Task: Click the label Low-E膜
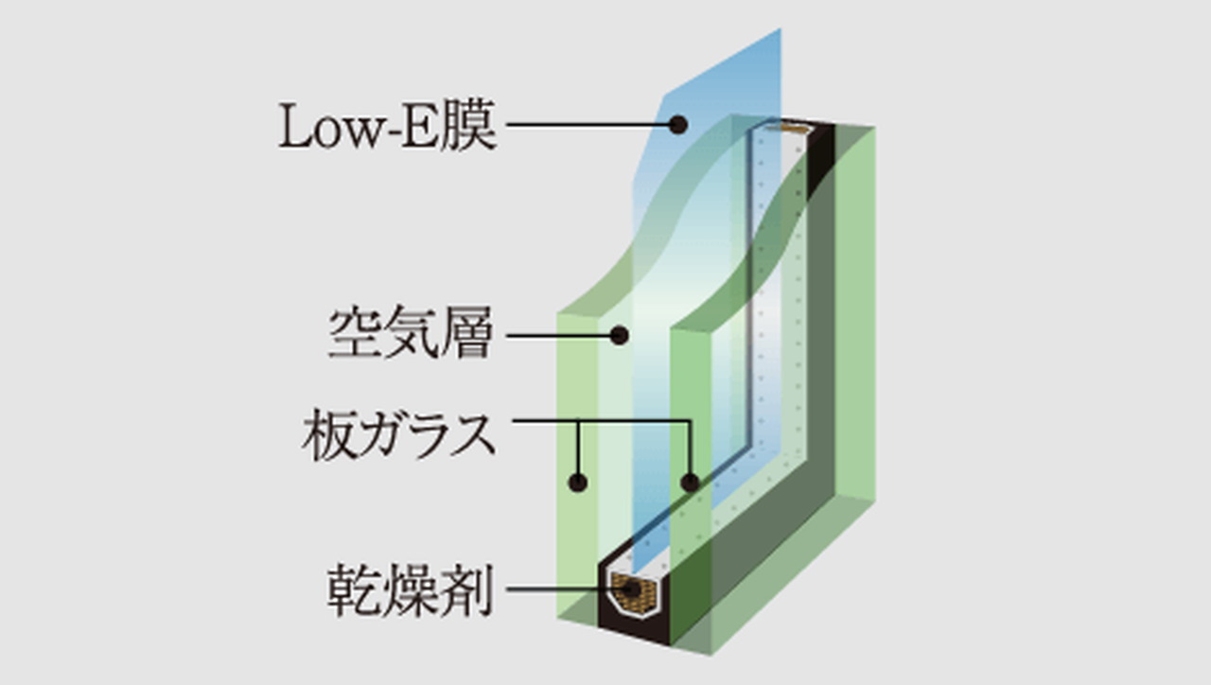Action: coord(387,126)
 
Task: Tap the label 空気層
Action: coord(411,331)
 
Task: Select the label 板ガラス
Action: coord(399,434)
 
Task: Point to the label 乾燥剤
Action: coord(411,589)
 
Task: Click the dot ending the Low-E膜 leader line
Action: coord(678,125)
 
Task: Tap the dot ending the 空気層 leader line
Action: coord(620,336)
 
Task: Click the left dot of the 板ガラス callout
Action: coord(578,483)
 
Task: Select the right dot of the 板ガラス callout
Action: coord(690,483)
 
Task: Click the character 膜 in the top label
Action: coord(468,126)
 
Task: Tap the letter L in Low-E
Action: coord(295,127)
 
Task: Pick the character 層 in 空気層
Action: coord(467,331)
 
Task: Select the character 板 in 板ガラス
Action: coord(328,434)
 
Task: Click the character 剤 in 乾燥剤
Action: coord(467,589)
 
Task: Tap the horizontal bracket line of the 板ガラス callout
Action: coord(601,421)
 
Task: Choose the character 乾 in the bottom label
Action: coord(355,589)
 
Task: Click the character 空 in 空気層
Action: coord(355,331)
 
